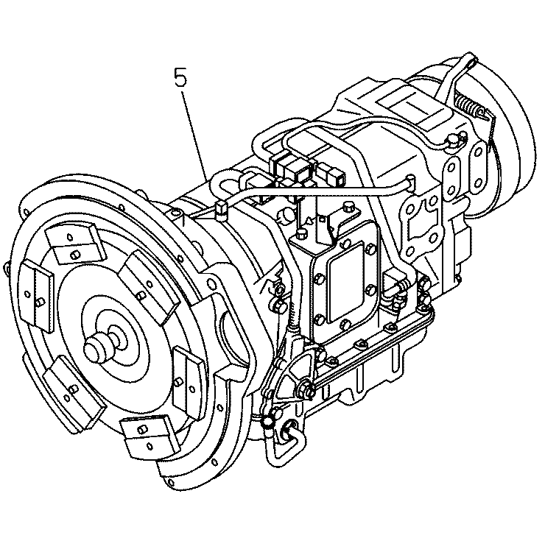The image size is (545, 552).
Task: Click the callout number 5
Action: tap(180, 77)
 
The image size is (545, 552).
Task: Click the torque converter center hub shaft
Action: tap(100, 345)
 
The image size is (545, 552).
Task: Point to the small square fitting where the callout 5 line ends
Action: tap(219, 210)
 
